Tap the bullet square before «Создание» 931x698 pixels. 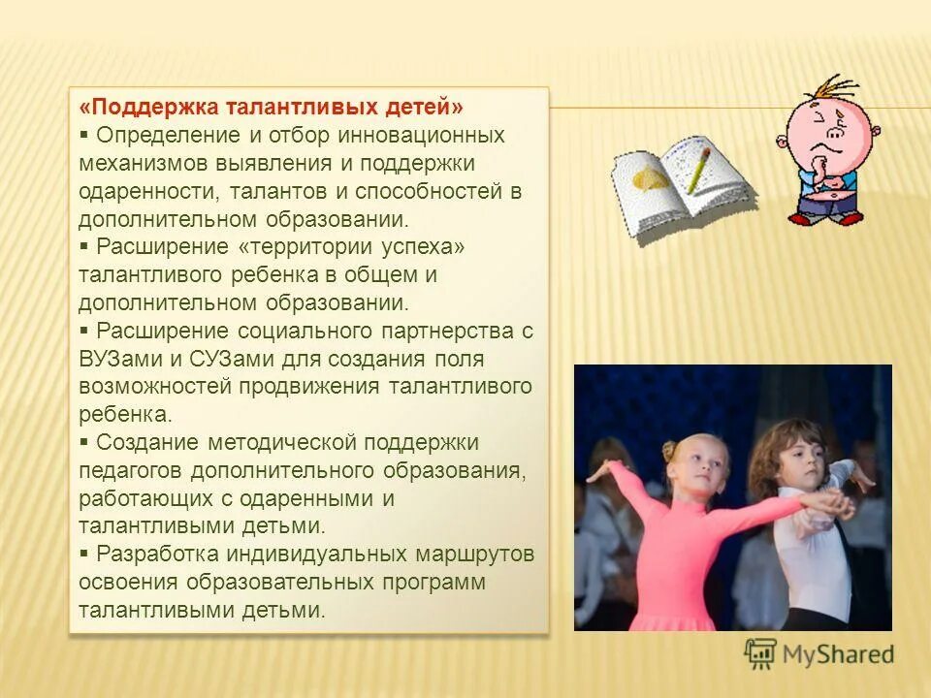coord(85,442)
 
